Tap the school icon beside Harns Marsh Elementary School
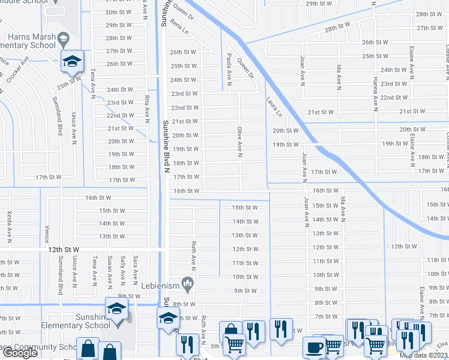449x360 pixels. (72, 61)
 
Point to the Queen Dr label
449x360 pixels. (246, 68)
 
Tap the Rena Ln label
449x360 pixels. (178, 26)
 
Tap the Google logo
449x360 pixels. (20, 353)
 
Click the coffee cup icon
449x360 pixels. (314, 347)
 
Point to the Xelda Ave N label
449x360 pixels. (9, 223)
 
